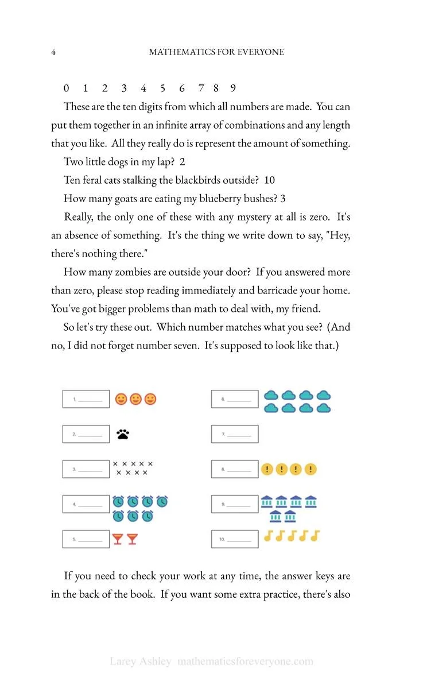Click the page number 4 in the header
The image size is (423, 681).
tap(53, 52)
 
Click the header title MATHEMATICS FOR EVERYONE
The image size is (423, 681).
tap(216, 52)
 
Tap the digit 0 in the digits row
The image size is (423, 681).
tap(67, 88)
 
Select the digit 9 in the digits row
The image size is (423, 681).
tap(233, 88)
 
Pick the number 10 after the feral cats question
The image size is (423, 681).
tap(269, 180)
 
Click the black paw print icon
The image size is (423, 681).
tap(123, 434)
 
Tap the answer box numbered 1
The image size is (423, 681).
tap(86, 399)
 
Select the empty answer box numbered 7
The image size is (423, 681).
tap(235, 434)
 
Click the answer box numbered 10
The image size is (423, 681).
tap(235, 539)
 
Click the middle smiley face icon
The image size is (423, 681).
tap(135, 399)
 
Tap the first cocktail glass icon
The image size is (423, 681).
tap(118, 539)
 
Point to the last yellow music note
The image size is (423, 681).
tap(315, 536)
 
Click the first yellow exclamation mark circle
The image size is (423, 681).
tap(267, 469)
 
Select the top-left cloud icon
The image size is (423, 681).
tap(271, 395)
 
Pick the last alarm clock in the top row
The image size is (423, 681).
tap(162, 502)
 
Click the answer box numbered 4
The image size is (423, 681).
tap(86, 504)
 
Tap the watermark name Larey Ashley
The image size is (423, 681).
tap(140, 661)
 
